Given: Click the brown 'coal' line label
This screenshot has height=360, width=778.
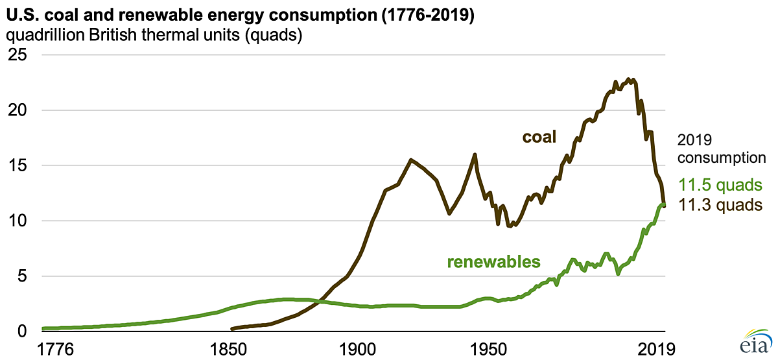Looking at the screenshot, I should [541, 138].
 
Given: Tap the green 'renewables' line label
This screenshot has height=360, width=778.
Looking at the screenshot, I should [493, 262].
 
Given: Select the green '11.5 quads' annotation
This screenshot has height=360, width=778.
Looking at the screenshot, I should [720, 186].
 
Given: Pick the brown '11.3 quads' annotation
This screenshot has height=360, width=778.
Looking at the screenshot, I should [720, 205].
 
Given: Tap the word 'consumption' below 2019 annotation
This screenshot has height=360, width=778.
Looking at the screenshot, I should [722, 157].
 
